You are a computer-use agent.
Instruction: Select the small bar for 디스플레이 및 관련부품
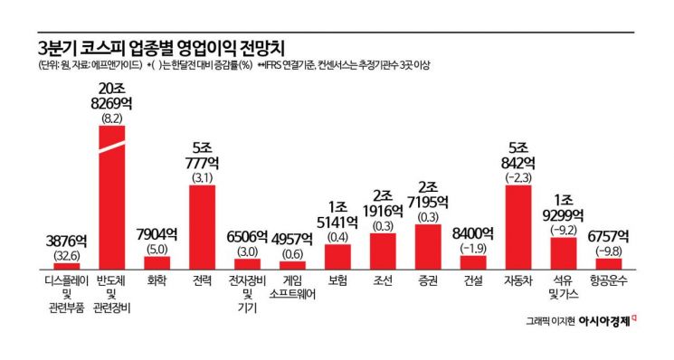(67, 266)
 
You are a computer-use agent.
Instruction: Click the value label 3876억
(67, 242)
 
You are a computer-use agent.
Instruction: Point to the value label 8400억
(473, 233)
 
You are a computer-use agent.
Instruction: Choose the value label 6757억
(608, 237)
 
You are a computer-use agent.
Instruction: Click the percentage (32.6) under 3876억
(67, 255)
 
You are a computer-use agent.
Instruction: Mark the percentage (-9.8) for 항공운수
(608, 251)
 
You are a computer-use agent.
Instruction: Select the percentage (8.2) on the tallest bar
(113, 118)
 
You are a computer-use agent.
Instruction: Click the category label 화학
(157, 281)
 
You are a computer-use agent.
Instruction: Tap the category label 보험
(337, 281)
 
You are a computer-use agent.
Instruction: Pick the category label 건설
(473, 281)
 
